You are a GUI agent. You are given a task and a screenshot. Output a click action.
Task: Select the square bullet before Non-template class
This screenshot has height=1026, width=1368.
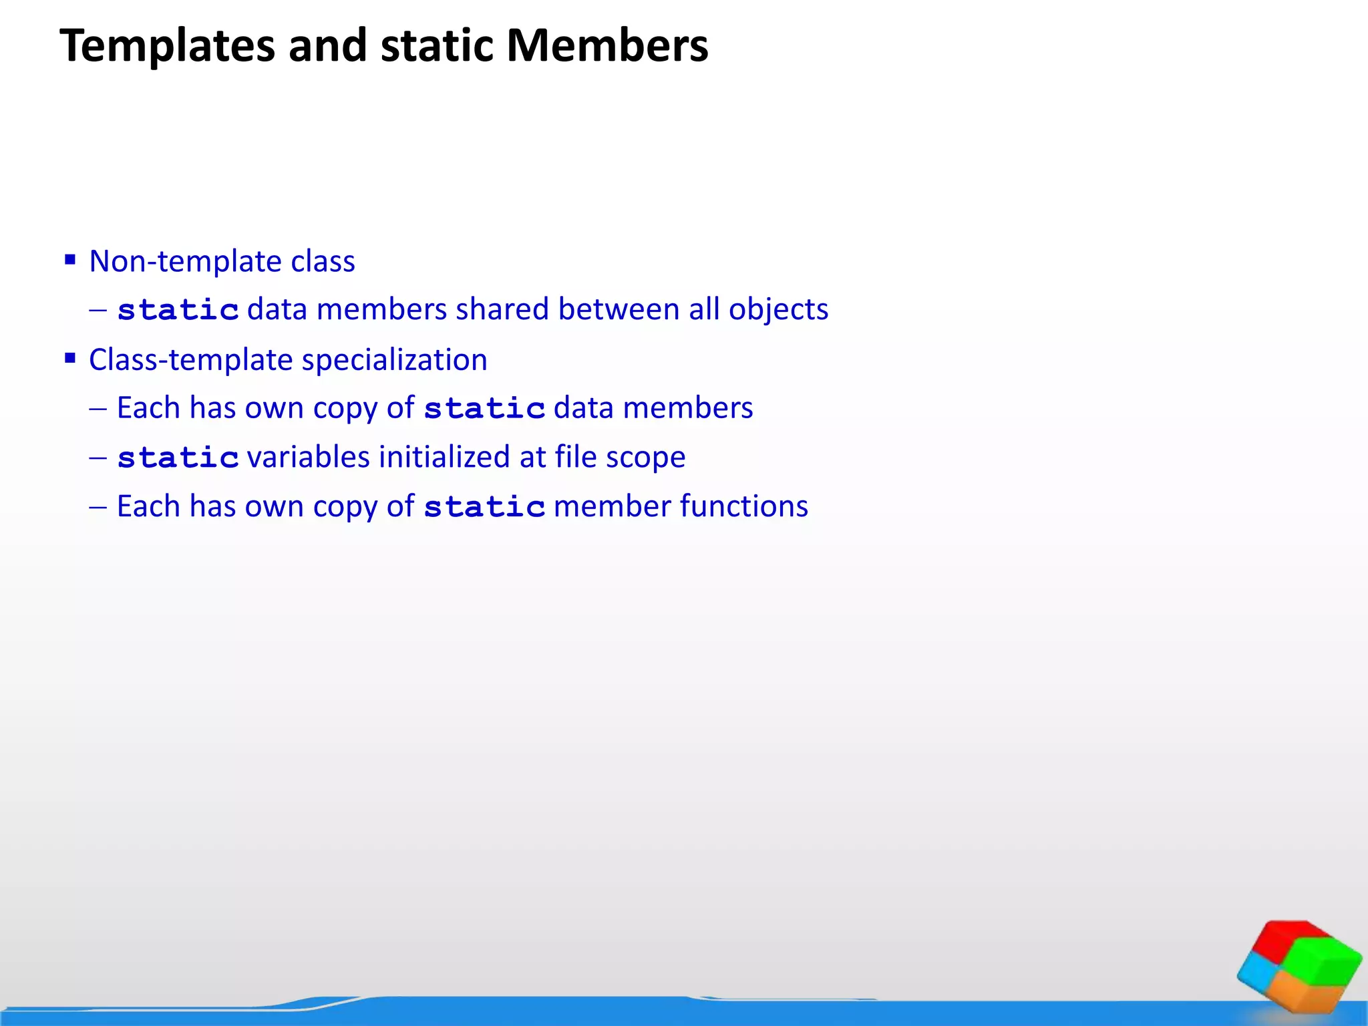(x=70, y=259)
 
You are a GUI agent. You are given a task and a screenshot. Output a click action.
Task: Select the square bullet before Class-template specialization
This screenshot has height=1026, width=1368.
(x=70, y=358)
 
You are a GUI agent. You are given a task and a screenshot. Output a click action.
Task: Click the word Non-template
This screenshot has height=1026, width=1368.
(x=185, y=261)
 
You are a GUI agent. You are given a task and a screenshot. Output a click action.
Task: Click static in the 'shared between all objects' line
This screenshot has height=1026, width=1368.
(x=178, y=310)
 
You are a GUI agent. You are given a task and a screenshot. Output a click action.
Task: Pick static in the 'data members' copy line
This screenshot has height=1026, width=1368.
(x=484, y=408)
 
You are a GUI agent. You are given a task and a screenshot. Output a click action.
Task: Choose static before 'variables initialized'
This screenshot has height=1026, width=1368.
(x=178, y=458)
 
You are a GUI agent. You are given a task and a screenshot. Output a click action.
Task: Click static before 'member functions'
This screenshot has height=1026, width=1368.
(x=484, y=507)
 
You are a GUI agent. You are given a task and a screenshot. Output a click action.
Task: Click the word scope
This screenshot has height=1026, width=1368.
(x=645, y=458)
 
